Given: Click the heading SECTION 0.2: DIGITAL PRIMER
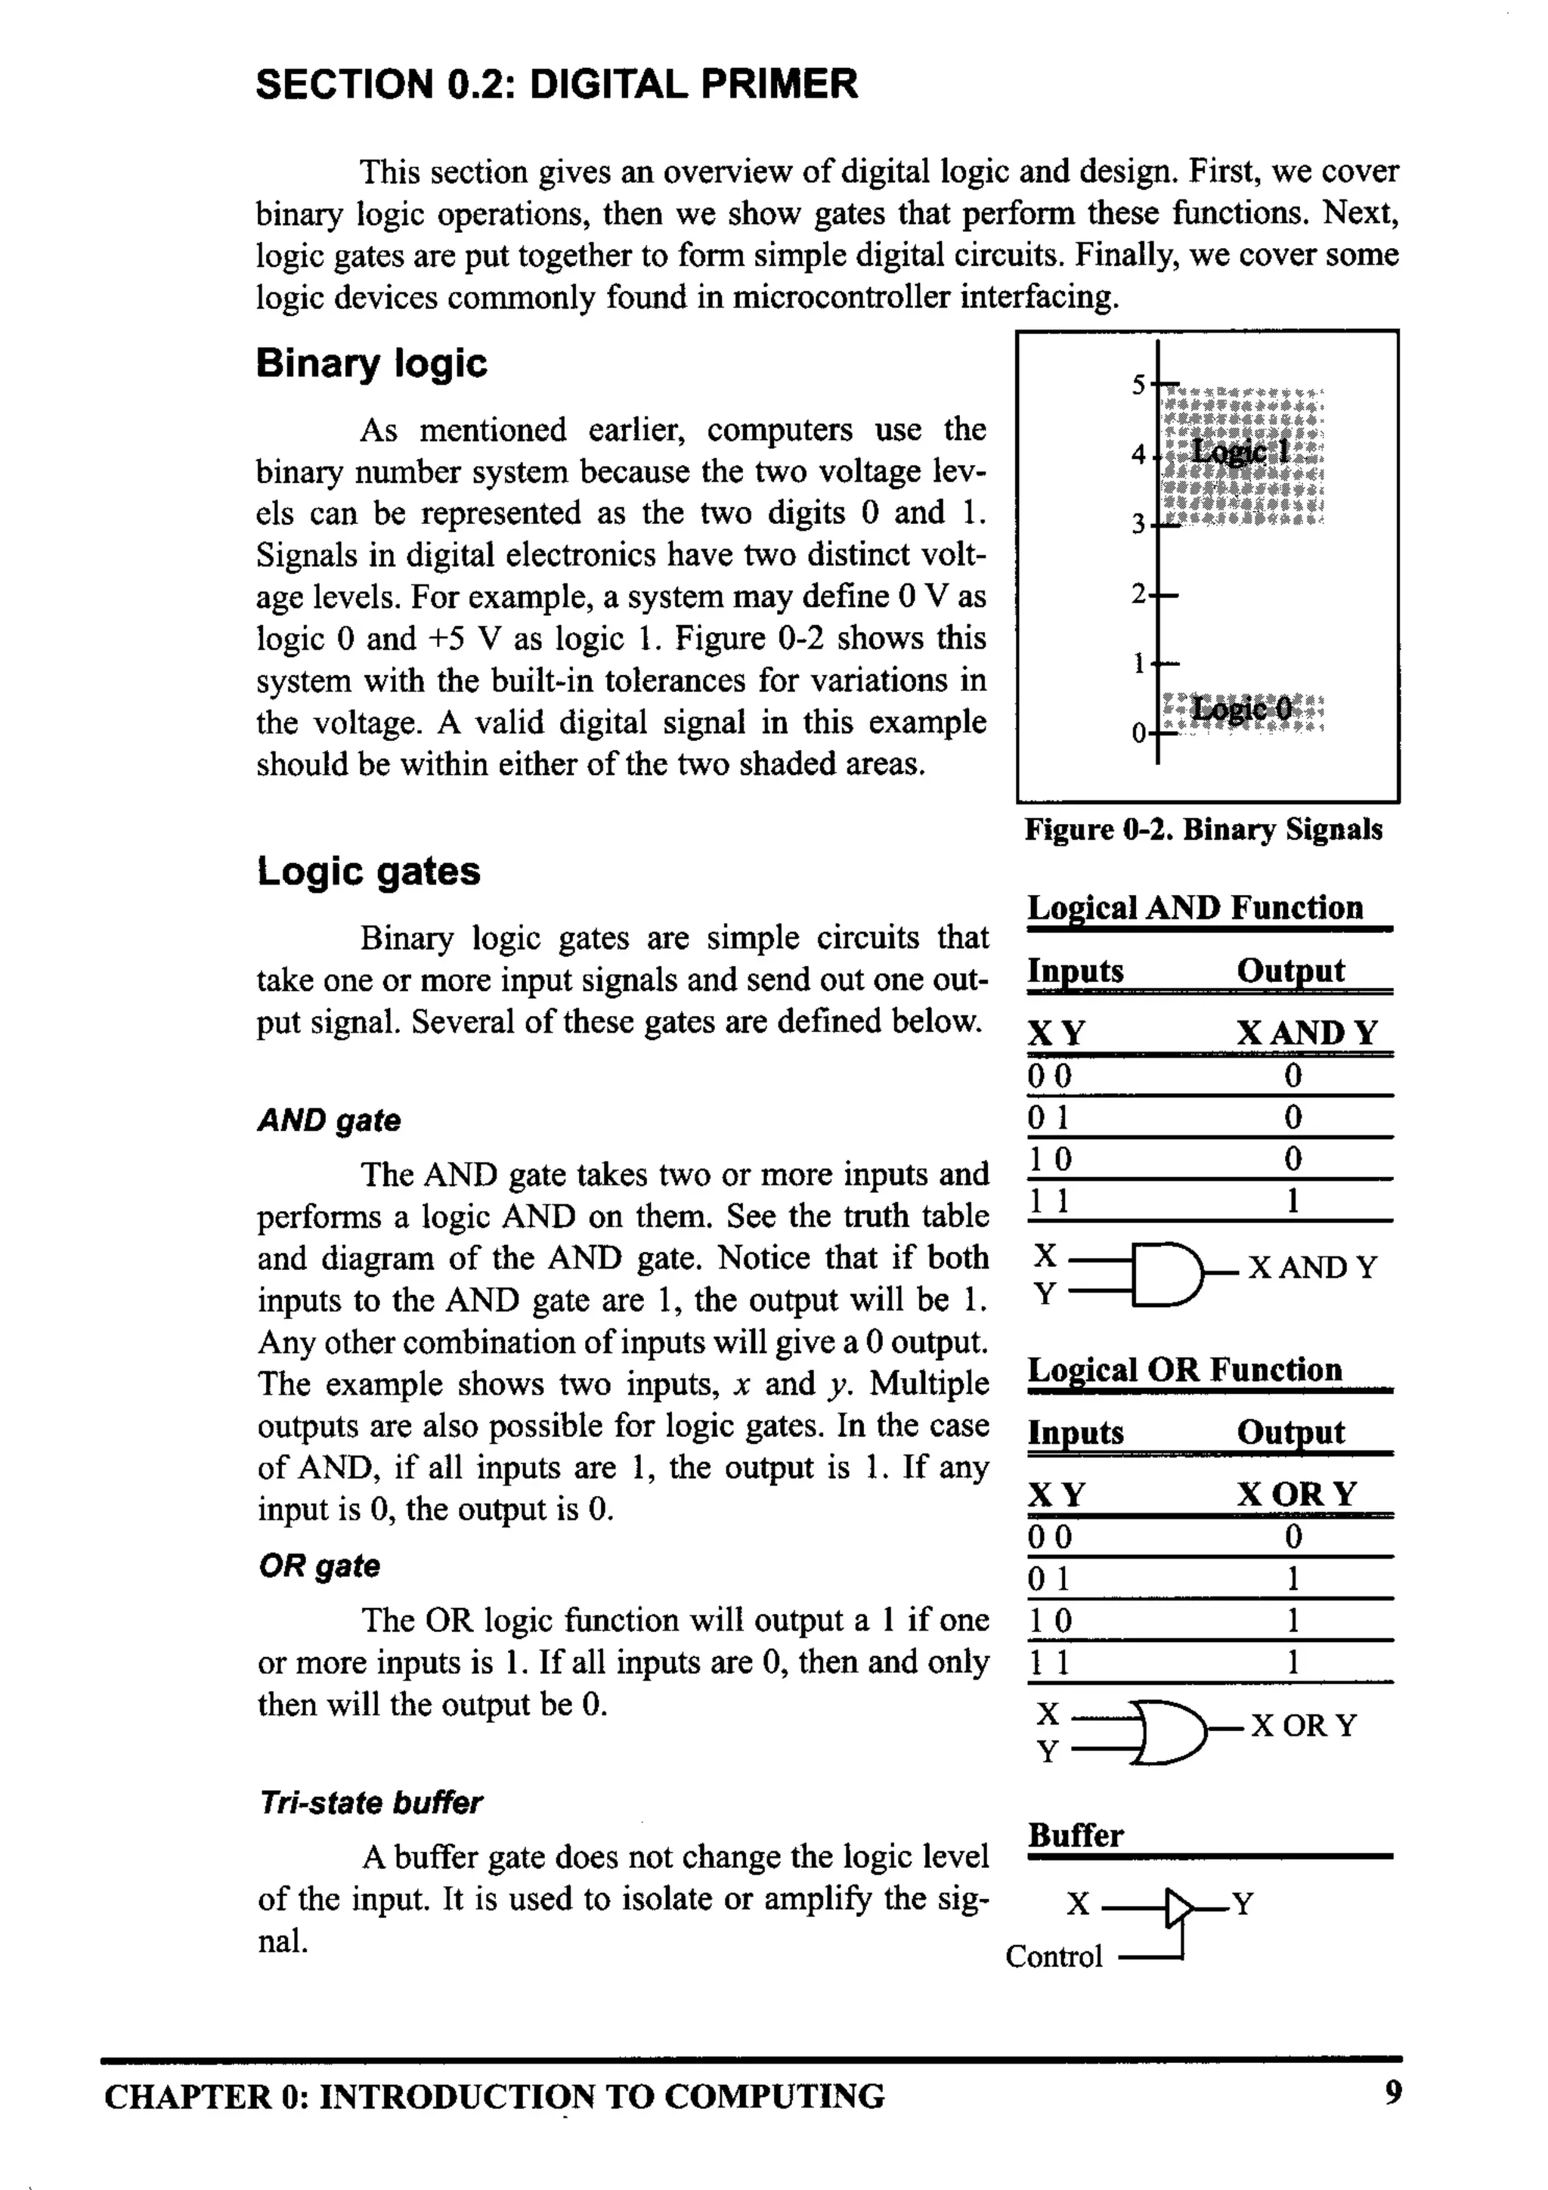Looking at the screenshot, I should (x=556, y=84).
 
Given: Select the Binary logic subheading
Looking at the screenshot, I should (x=371, y=364).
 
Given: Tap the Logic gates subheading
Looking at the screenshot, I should (x=368, y=871).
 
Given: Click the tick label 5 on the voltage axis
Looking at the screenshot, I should (x=1138, y=386).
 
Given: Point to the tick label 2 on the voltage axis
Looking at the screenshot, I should (x=1138, y=594).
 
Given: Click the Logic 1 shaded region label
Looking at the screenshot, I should (x=1240, y=451).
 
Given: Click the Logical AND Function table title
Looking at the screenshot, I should (x=1194, y=907).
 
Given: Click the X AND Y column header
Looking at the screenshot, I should (x=1307, y=1033).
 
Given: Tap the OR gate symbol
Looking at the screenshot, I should (x=1169, y=1731).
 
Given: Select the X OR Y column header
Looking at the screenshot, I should (x=1296, y=1494).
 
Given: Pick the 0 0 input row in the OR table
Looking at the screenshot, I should (x=1049, y=1538).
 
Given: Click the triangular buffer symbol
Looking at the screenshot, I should (x=1180, y=1908).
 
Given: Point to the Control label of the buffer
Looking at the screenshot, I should (x=1053, y=1956).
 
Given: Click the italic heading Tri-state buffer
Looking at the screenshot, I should (x=370, y=1803).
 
